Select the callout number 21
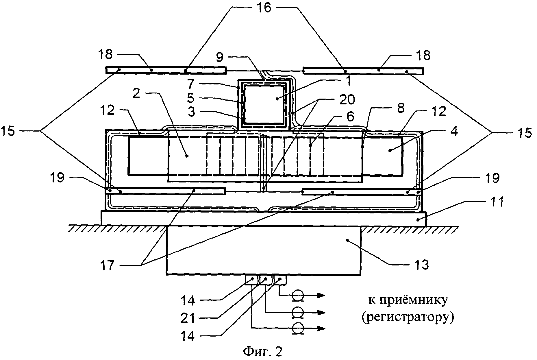point(188,318)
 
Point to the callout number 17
point(107,265)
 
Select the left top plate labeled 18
point(165,70)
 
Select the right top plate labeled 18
point(362,71)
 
